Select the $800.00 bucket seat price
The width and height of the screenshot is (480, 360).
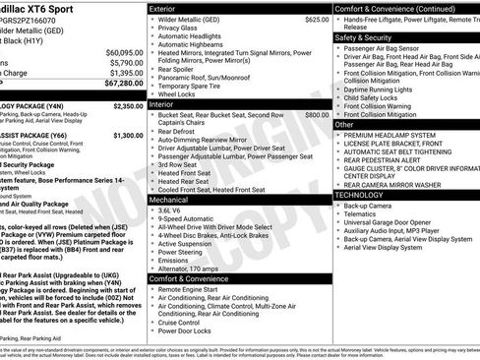tap(316, 115)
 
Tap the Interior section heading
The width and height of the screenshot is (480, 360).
tap(162, 103)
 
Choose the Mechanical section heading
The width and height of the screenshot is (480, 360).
tap(168, 199)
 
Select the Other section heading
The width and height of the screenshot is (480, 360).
tap(344, 125)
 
